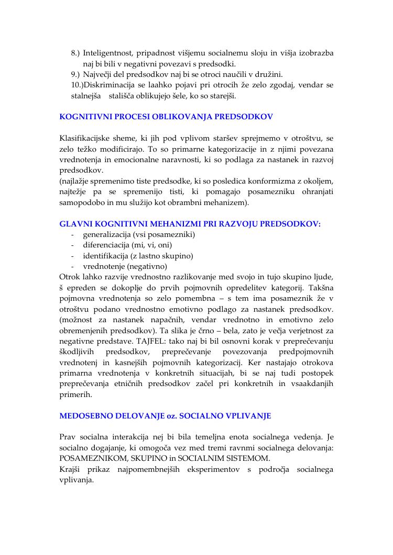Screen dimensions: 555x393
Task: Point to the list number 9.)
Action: [76, 74]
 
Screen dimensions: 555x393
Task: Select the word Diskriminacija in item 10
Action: [106, 85]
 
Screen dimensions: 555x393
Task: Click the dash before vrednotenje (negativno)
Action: [72, 266]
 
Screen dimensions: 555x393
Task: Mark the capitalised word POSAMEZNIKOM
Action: [92, 459]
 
